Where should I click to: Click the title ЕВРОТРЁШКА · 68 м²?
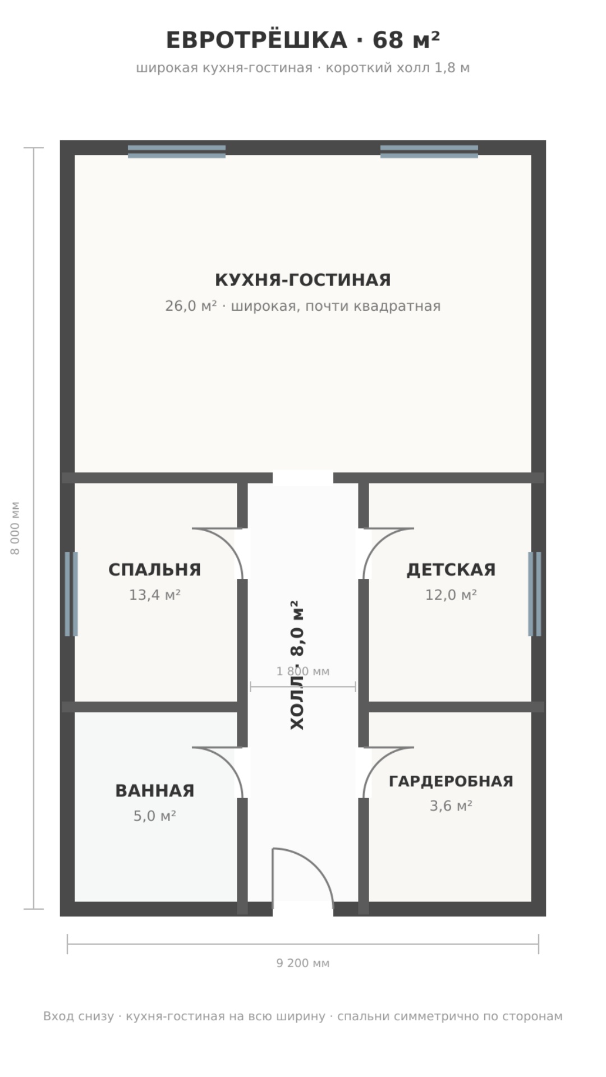tap(303, 40)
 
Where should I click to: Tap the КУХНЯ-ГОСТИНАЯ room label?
tap(303, 279)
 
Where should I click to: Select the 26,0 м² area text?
tap(191, 306)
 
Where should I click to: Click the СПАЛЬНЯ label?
tap(155, 569)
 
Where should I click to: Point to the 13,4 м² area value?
tap(155, 595)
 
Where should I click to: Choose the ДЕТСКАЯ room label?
tap(451, 569)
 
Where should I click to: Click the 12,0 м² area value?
tap(451, 595)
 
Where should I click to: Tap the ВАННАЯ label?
tap(155, 790)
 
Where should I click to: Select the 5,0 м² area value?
tap(155, 816)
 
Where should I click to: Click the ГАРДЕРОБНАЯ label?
tap(451, 781)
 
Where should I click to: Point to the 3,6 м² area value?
tap(451, 806)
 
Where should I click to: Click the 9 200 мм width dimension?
tap(303, 963)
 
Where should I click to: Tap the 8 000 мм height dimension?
tap(16, 528)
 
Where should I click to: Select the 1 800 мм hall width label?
tap(303, 671)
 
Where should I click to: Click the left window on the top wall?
tap(177, 151)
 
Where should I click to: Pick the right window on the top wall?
tap(429, 151)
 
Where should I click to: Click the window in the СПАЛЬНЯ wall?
tap(71, 594)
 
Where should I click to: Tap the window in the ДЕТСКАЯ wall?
tap(535, 594)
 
